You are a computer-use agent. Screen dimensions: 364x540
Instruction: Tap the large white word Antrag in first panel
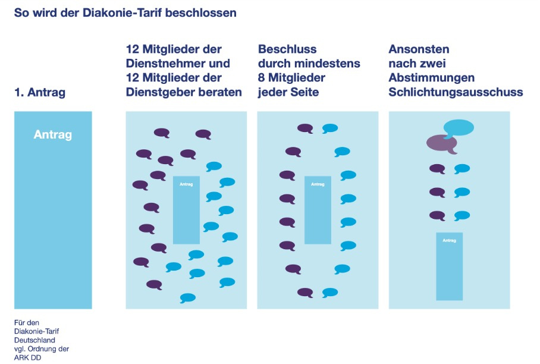pyautogui.click(x=53, y=134)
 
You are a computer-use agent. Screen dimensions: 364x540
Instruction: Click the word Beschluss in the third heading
pyautogui.click(x=287, y=49)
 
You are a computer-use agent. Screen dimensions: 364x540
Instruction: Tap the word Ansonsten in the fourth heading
pyautogui.click(x=419, y=49)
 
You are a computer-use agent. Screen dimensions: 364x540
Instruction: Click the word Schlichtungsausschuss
pyautogui.click(x=456, y=92)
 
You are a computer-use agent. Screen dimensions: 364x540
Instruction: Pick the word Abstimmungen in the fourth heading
pyautogui.click(x=431, y=78)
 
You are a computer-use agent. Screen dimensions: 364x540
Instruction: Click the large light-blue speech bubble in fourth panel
pyautogui.click(x=459, y=127)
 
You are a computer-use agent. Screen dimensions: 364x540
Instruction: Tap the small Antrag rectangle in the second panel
pyautogui.click(x=186, y=210)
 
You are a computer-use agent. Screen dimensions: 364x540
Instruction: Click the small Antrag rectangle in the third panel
pyautogui.click(x=318, y=210)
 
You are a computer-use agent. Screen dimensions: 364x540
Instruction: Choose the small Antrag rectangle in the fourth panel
pyautogui.click(x=449, y=266)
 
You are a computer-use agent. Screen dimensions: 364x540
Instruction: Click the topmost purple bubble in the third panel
pyautogui.click(x=305, y=128)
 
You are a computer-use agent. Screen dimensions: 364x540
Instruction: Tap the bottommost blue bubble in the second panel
pyautogui.click(x=188, y=297)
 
